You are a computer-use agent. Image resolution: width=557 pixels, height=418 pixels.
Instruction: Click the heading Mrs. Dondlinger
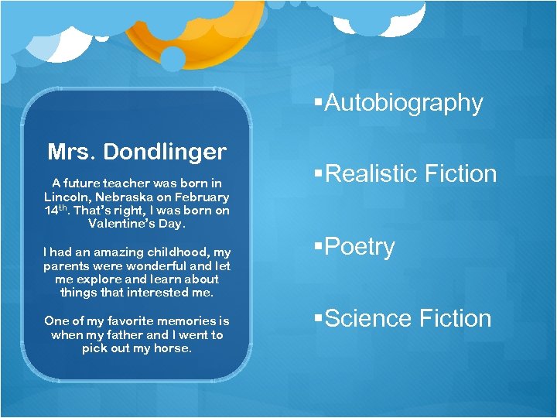[x=137, y=151]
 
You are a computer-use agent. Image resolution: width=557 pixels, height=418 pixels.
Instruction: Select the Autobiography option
[x=403, y=102]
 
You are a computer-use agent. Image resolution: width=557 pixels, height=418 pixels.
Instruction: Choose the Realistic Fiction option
[x=411, y=173]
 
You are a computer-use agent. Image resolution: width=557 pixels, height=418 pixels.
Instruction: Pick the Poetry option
[x=360, y=246]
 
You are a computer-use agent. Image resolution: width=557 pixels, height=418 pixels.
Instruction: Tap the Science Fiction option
[x=408, y=318]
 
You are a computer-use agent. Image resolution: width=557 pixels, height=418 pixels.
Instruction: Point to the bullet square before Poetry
[x=319, y=247]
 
